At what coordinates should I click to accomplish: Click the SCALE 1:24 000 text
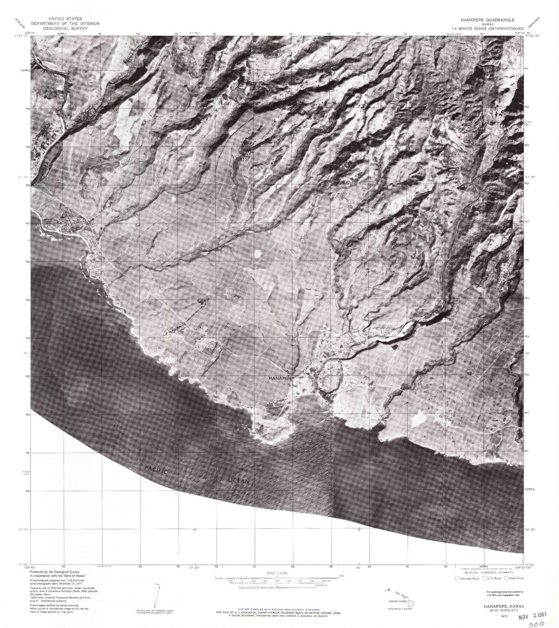pos(275,573)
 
